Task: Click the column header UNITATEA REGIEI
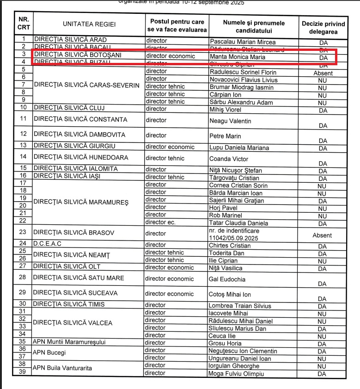pos(89,25)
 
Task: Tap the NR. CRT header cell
pos(24,24)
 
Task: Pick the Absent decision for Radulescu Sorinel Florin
pos(323,73)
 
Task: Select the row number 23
pos(23,232)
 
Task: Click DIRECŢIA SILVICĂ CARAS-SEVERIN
pos(86,85)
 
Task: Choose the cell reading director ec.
pos(158,222)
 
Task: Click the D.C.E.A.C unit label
pos(47,243)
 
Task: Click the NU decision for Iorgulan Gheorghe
pos(322,366)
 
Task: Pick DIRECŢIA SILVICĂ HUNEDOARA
pos(80,157)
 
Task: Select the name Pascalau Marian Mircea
pos(242,42)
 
